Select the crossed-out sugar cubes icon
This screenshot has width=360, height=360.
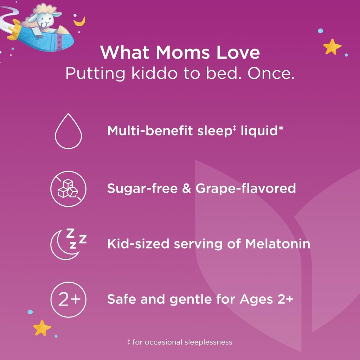68,188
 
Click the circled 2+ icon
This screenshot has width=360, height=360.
68,300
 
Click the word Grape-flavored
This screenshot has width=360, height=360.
246,189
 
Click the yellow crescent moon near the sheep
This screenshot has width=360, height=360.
80,21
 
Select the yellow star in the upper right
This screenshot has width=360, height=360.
332,46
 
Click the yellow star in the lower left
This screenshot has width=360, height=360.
42,328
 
